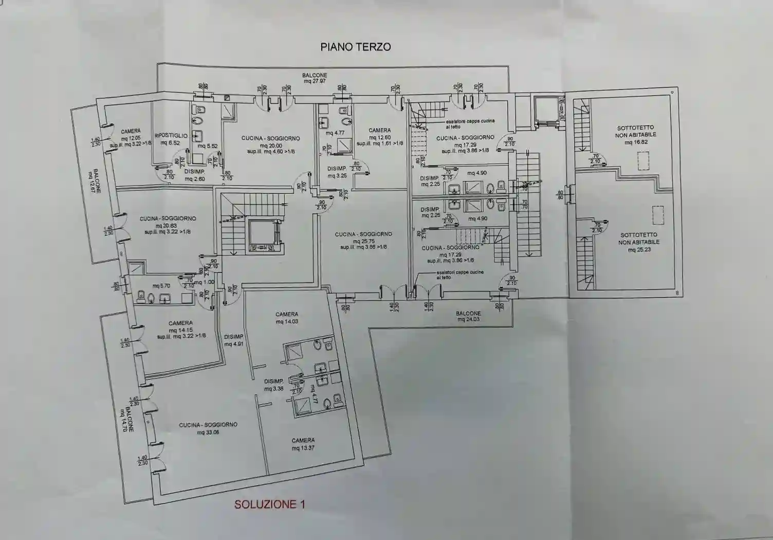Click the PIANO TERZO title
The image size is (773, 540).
pos(355,47)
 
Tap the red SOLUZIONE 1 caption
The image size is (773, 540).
pos(269,504)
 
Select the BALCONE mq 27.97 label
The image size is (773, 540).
pos(315,78)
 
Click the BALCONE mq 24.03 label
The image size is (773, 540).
pos(468,316)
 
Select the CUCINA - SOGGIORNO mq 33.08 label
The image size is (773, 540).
pos(208,428)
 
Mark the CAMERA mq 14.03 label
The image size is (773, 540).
pos(287,318)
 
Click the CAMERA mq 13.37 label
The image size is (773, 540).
pos(303,444)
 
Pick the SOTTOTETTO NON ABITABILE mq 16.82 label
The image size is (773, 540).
pos(635,135)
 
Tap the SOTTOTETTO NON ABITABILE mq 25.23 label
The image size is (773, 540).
pos(638,242)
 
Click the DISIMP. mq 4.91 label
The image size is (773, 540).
pos(233,340)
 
